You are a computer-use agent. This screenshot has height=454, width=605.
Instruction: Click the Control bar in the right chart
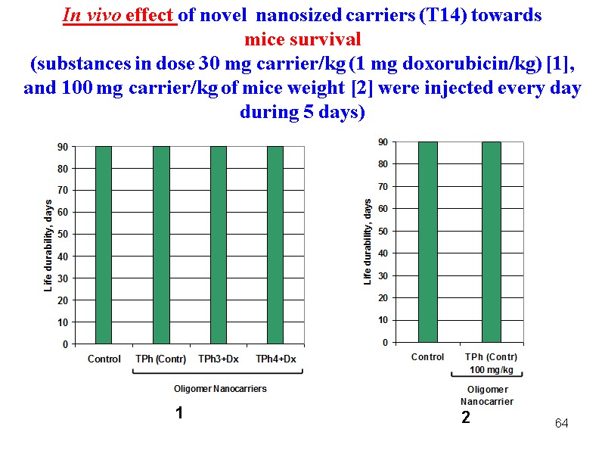[x=427, y=242]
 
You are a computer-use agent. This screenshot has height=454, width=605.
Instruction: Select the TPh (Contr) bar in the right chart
[x=492, y=242]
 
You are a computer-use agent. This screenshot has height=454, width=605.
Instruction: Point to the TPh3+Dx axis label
[x=219, y=359]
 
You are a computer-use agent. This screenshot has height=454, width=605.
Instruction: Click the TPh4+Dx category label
[x=275, y=359]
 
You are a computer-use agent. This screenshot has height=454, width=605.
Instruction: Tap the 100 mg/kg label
[x=492, y=370]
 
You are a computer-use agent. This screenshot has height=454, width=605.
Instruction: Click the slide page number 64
[x=561, y=422]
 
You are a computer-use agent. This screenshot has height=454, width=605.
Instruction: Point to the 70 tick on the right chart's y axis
[x=383, y=186]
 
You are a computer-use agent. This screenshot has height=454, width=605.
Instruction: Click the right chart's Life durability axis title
[x=368, y=242]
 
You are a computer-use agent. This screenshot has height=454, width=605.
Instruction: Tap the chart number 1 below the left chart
[x=179, y=413]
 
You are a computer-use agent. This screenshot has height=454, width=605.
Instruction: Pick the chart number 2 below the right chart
[x=466, y=417]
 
